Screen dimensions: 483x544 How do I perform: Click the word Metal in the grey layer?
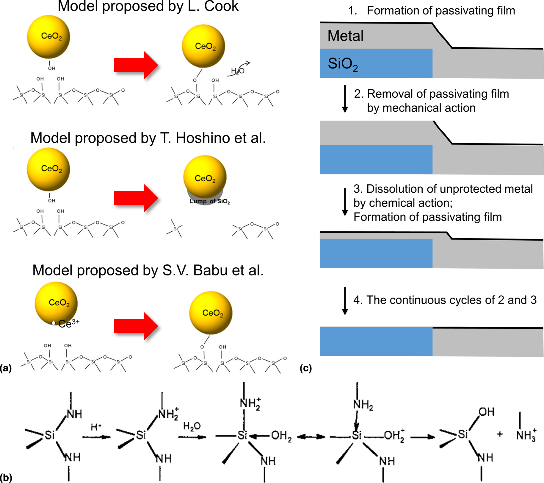tap(345, 36)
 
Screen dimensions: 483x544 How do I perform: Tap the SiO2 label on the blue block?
tap(342, 64)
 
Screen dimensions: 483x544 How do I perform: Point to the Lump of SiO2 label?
tap(210, 201)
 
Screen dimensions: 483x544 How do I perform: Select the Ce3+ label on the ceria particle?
tap(69, 323)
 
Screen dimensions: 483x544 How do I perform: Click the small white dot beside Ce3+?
tap(54, 323)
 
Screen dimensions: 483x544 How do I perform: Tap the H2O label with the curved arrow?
tap(238, 71)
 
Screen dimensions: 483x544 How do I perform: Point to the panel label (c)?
tap(306, 368)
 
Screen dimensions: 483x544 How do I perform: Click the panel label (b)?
tap(6, 478)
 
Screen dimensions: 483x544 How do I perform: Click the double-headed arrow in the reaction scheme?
tap(311, 437)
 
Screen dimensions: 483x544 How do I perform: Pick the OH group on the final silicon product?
tap(487, 412)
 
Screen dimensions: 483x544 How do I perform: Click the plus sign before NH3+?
tap(500, 434)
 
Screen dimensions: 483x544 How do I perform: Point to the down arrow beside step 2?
tap(345, 99)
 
